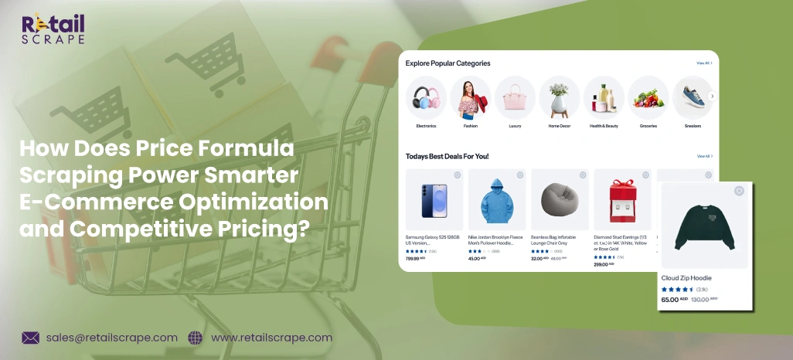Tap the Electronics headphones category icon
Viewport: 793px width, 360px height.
pyautogui.click(x=426, y=97)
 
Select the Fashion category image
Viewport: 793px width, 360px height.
pyautogui.click(x=470, y=97)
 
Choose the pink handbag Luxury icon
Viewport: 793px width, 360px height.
pyautogui.click(x=515, y=97)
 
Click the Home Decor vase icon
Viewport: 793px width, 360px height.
pyautogui.click(x=559, y=97)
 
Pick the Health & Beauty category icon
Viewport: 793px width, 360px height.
pyautogui.click(x=604, y=97)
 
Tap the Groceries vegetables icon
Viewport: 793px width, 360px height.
pyautogui.click(x=648, y=97)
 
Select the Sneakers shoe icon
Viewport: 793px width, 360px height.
pyautogui.click(x=692, y=97)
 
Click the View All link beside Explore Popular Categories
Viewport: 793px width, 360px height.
pyautogui.click(x=703, y=63)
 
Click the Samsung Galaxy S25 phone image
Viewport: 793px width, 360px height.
pyautogui.click(x=434, y=201)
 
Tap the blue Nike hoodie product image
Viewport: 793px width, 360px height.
pyautogui.click(x=497, y=201)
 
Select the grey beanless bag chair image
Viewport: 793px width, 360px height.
pyautogui.click(x=560, y=201)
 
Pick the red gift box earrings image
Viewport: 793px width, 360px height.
pyautogui.click(x=622, y=201)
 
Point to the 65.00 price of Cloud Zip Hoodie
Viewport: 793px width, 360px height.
pyautogui.click(x=669, y=299)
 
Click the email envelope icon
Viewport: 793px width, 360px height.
pyautogui.click(x=31, y=338)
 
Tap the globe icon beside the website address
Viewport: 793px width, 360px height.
pyautogui.click(x=195, y=338)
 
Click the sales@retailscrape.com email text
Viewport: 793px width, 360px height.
pyautogui.click(x=111, y=338)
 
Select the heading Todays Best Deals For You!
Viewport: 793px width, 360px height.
pyautogui.click(x=447, y=156)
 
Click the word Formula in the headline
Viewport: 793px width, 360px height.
pyautogui.click(x=251, y=148)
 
